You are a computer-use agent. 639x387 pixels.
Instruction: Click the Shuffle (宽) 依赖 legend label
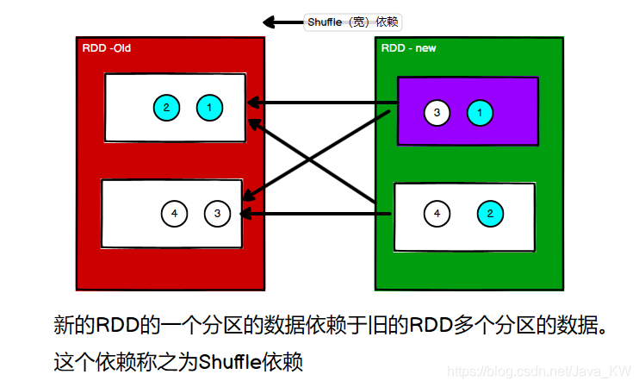353,22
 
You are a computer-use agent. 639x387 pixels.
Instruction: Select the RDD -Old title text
106,48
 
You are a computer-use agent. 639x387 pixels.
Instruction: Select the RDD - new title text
408,48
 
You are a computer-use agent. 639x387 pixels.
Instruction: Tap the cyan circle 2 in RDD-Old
166,108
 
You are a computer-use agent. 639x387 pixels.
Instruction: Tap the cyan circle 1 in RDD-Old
209,108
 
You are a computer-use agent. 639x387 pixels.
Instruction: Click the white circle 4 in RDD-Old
174,213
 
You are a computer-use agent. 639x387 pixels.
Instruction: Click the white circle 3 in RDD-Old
217,213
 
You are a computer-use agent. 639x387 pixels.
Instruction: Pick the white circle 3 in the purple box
437,112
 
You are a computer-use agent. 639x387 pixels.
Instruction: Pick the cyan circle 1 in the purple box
481,112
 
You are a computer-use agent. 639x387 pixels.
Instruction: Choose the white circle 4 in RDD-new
437,213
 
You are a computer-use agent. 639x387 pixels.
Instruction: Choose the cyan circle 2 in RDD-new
490,213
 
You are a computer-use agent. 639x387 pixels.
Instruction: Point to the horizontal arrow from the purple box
323,104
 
